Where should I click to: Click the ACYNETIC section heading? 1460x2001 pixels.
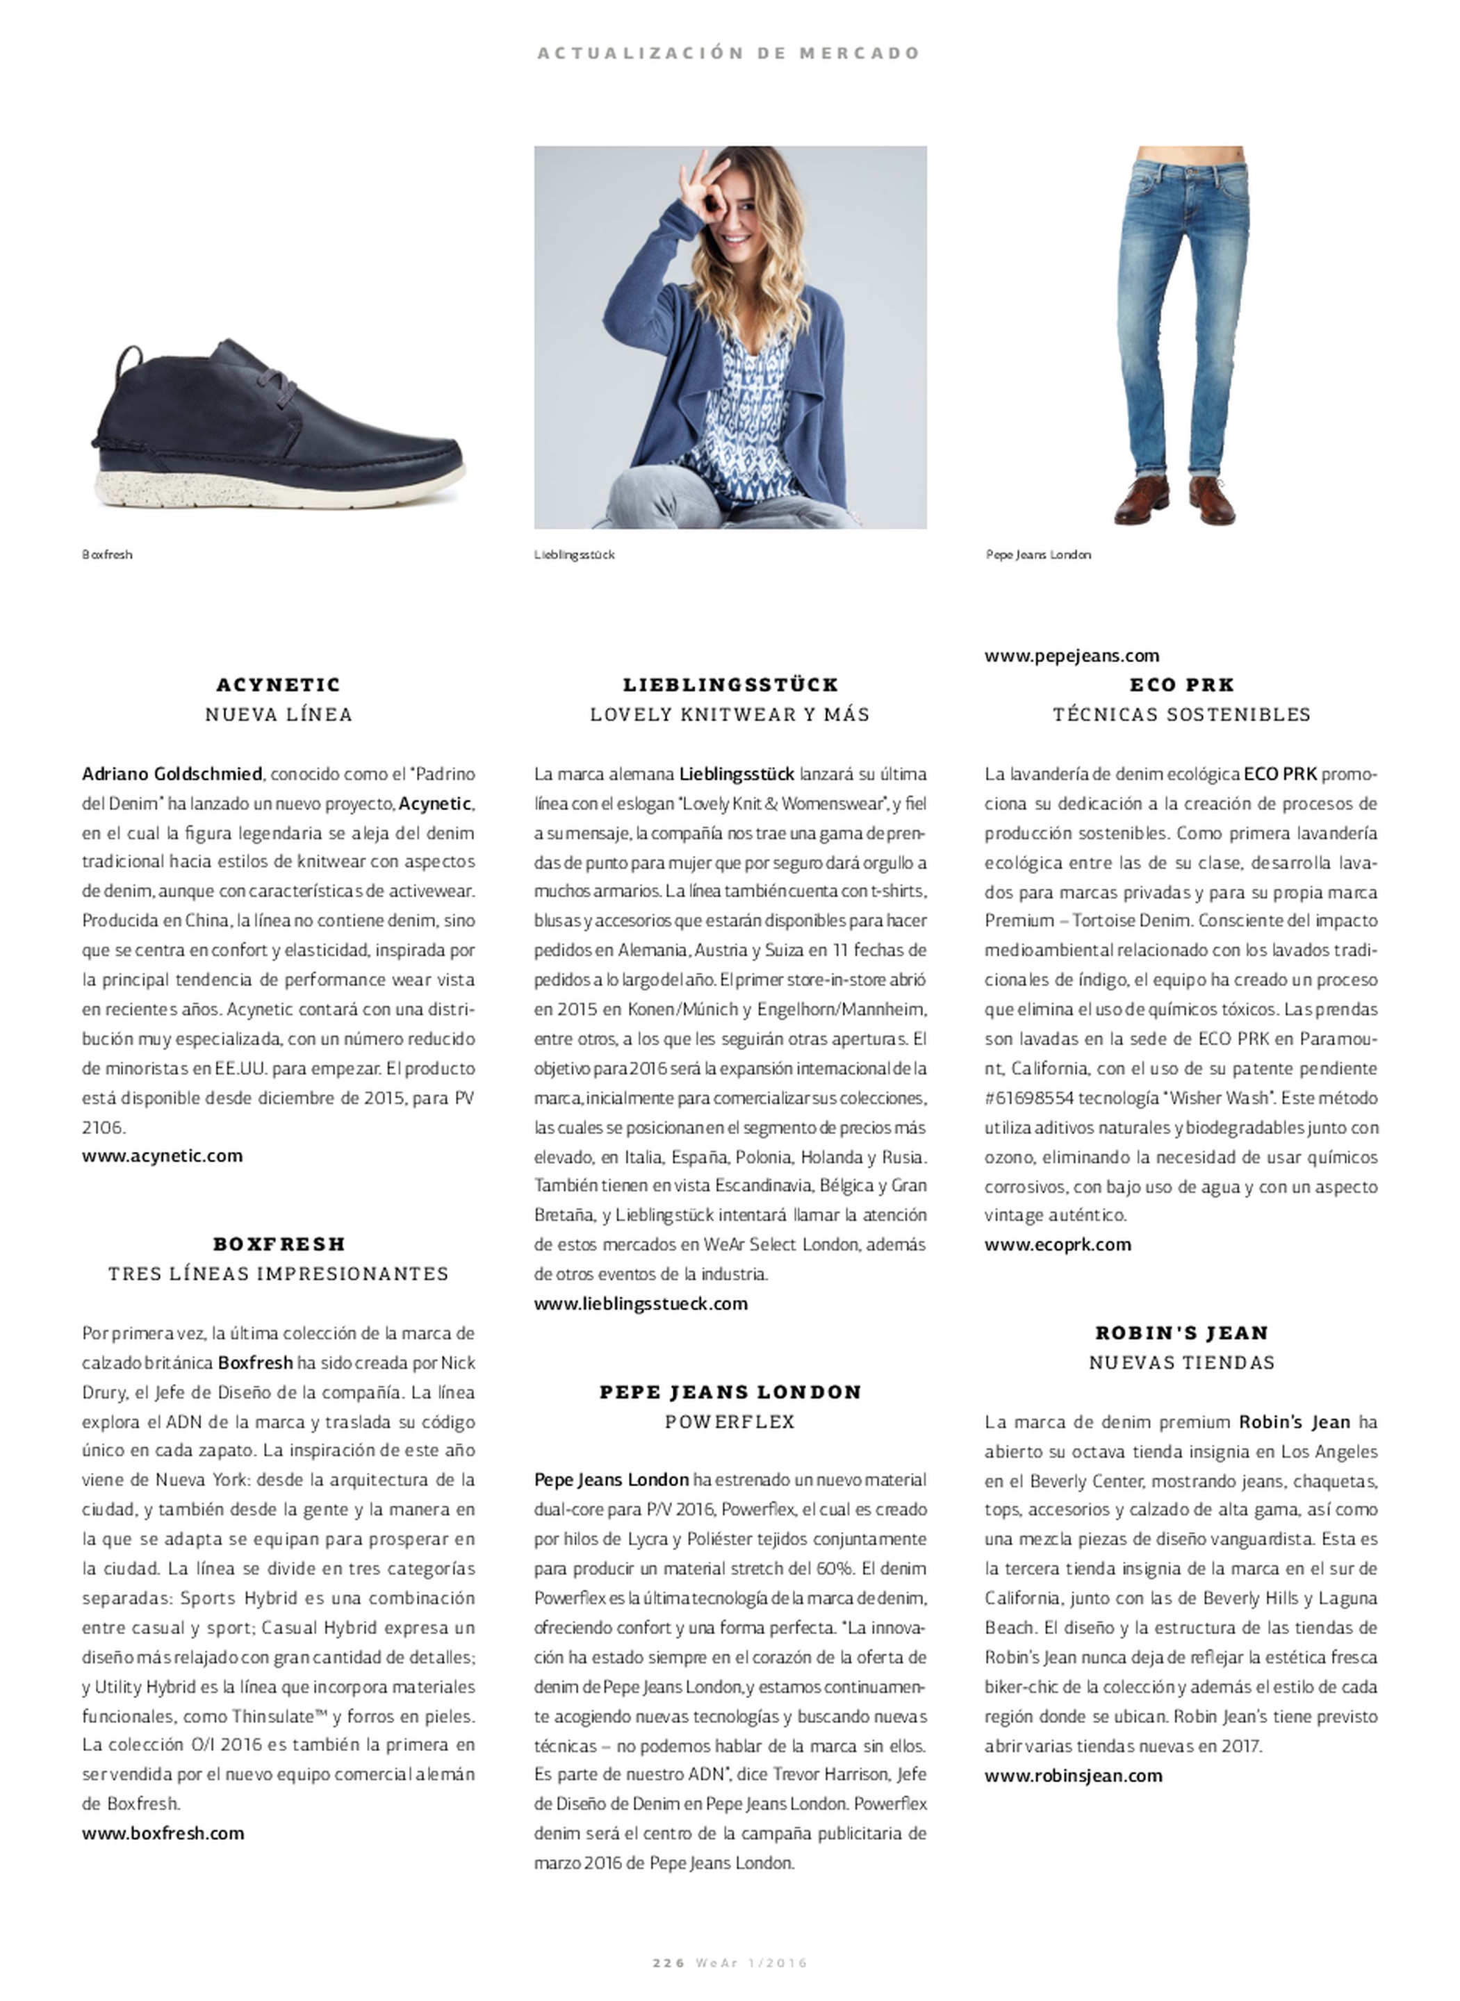(x=279, y=684)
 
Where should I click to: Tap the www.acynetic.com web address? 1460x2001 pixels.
(x=162, y=1155)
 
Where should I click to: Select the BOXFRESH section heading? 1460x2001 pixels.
(x=279, y=1244)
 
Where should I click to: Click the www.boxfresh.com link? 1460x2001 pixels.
(x=163, y=1833)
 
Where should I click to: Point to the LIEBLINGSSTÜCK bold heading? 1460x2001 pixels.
(x=730, y=684)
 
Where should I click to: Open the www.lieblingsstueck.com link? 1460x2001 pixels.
(x=640, y=1303)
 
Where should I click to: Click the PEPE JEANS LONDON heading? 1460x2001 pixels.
(x=730, y=1392)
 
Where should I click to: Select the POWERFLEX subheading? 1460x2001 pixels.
(x=730, y=1422)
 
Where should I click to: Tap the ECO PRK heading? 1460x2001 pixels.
(x=1181, y=684)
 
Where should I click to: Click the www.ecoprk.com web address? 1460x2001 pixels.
(x=1058, y=1244)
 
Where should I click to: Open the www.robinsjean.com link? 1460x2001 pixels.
(x=1074, y=1774)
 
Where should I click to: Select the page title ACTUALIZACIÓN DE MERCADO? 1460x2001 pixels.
(x=729, y=53)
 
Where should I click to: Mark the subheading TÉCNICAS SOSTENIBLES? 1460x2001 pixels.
(x=1181, y=714)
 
